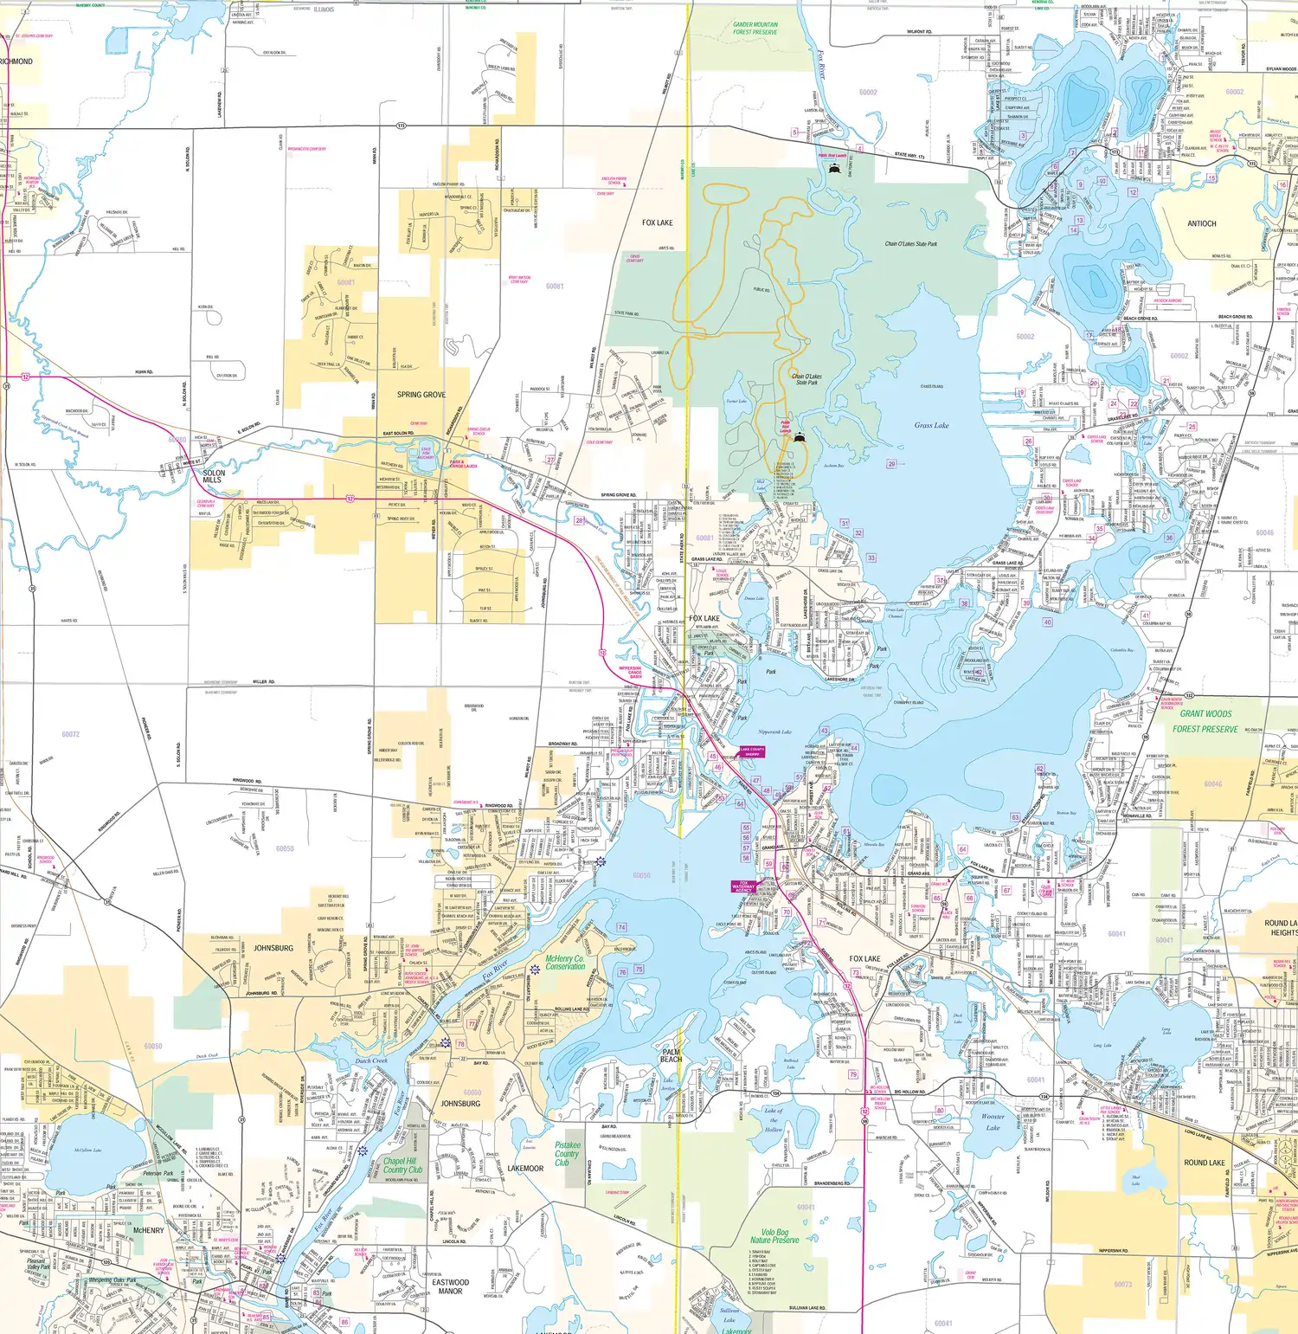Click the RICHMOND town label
16,61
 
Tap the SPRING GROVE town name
421,395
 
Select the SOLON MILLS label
213,476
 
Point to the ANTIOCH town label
1201,223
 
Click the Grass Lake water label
931,425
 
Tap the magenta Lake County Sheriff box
752,751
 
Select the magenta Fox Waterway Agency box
743,886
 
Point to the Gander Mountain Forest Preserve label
755,29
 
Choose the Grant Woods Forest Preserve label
1205,721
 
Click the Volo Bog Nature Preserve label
774,1236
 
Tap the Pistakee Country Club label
567,1153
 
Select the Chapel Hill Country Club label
402,1165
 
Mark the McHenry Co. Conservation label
565,963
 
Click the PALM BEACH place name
671,1055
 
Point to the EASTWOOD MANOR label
450,1286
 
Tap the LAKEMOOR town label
525,1169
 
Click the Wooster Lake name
993,1122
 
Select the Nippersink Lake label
774,731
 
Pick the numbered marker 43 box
824,731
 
